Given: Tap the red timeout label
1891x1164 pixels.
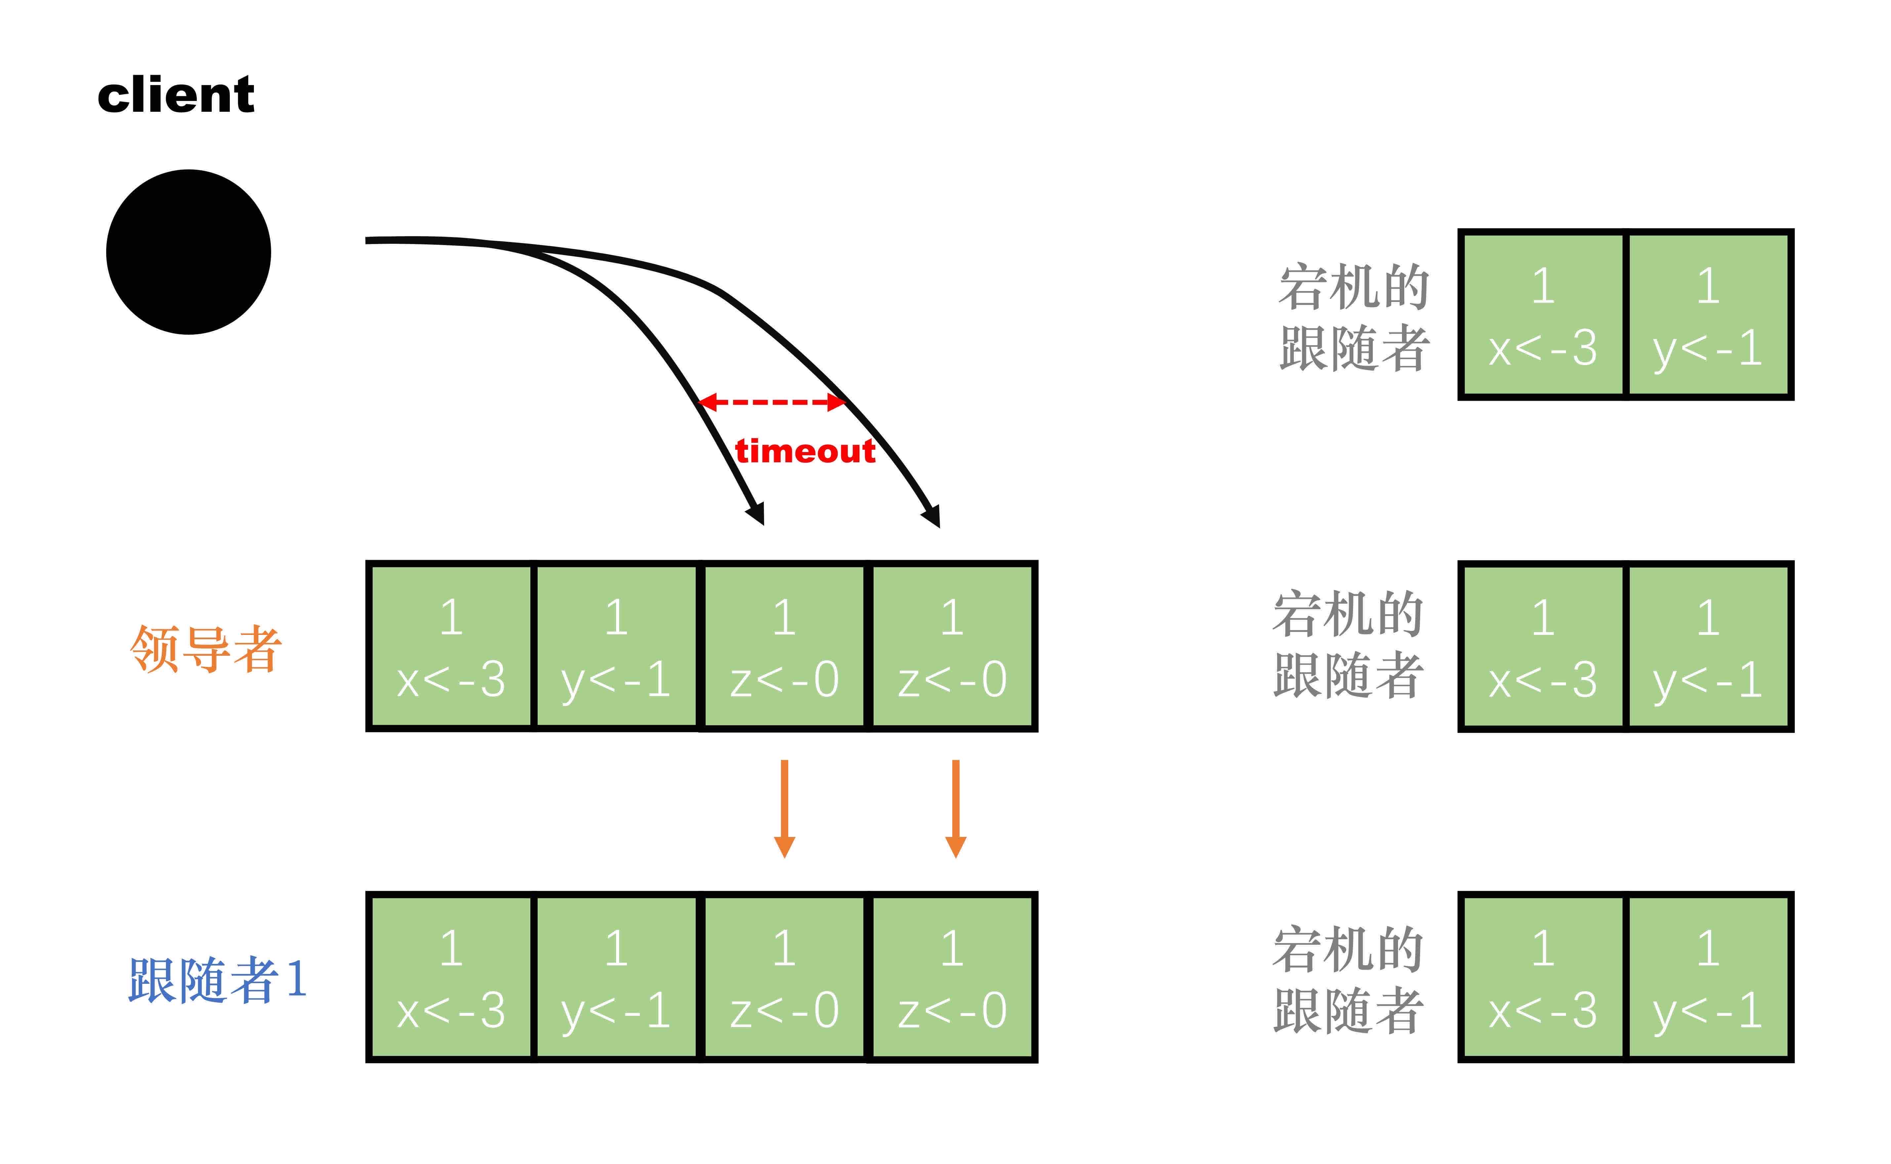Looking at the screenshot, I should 805,451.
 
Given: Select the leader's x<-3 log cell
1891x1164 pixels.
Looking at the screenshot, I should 451,647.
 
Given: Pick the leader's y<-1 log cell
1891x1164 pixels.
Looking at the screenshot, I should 616,647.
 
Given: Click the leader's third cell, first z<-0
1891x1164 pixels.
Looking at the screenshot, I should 784,647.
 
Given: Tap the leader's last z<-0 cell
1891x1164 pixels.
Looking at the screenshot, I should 952,647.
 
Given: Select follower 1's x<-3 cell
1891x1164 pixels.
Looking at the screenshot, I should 451,978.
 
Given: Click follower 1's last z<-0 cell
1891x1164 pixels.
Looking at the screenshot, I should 952,978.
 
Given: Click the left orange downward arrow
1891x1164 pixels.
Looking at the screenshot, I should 784,808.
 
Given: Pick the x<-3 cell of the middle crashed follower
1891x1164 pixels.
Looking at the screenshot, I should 1542,647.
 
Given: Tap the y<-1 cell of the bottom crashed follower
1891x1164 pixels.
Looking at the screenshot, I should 1708,978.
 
